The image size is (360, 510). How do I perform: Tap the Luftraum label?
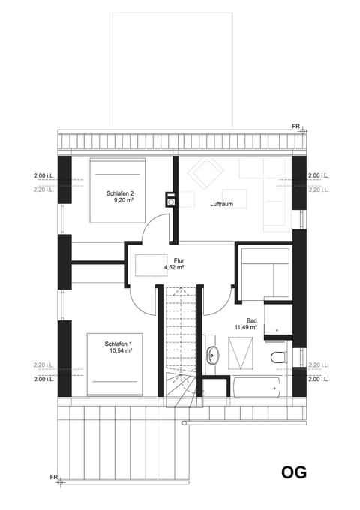point(220,202)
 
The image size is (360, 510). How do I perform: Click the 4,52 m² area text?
point(174,267)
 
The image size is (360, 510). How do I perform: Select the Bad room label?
point(241,319)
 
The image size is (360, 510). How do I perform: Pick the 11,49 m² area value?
point(246,327)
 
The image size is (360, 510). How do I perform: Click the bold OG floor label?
point(294,473)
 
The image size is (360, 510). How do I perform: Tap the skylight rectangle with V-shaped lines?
point(241,351)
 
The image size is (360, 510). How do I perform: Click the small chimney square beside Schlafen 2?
point(171,200)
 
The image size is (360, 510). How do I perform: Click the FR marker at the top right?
point(298,127)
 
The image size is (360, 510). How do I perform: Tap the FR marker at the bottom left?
point(54,476)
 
